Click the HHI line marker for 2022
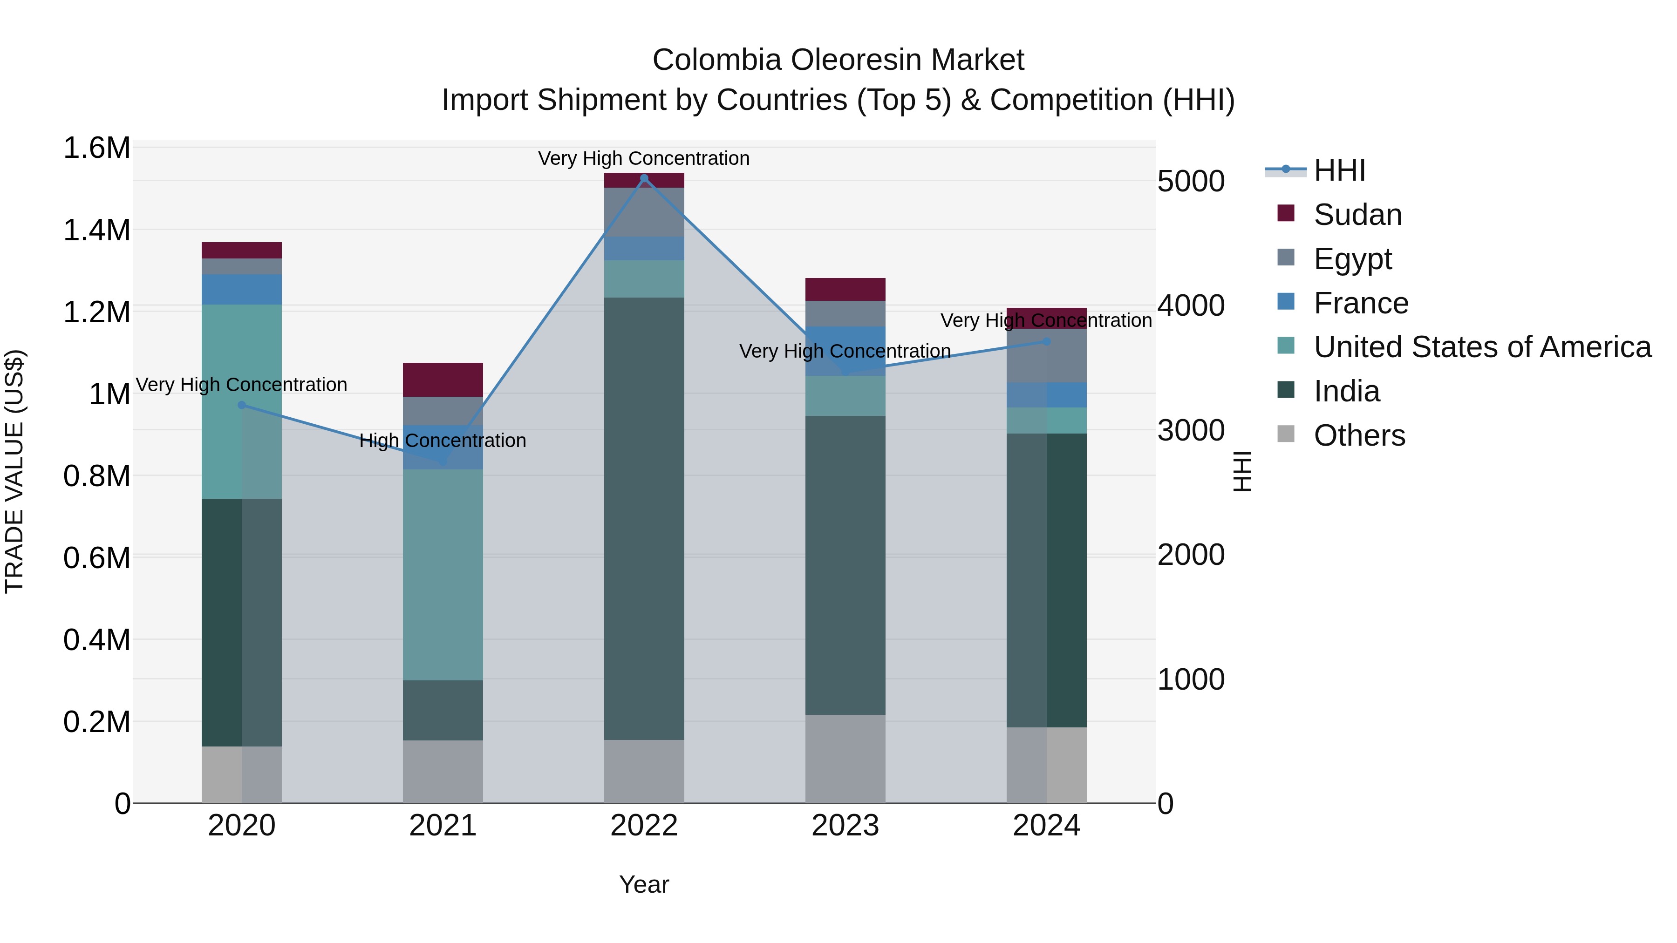pyautogui.click(x=644, y=178)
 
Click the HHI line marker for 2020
pyautogui.click(x=241, y=405)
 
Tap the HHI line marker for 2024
pyautogui.click(x=1047, y=341)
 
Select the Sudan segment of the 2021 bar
pyautogui.click(x=443, y=380)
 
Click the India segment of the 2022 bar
pyautogui.click(x=644, y=519)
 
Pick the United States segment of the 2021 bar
pyautogui.click(x=443, y=575)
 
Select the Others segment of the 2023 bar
pyautogui.click(x=845, y=759)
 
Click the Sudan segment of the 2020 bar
pyautogui.click(x=241, y=251)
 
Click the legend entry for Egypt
pyautogui.click(x=1352, y=259)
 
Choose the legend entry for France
pyautogui.click(x=1361, y=303)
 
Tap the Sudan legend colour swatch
pyautogui.click(x=1286, y=213)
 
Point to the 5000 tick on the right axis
pyautogui.click(x=1191, y=182)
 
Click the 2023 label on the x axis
pyautogui.click(x=845, y=826)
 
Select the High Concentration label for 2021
pyautogui.click(x=443, y=441)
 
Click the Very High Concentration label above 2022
pyautogui.click(x=644, y=158)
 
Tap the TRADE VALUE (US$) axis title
pyautogui.click(x=14, y=471)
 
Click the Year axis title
pyautogui.click(x=644, y=884)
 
